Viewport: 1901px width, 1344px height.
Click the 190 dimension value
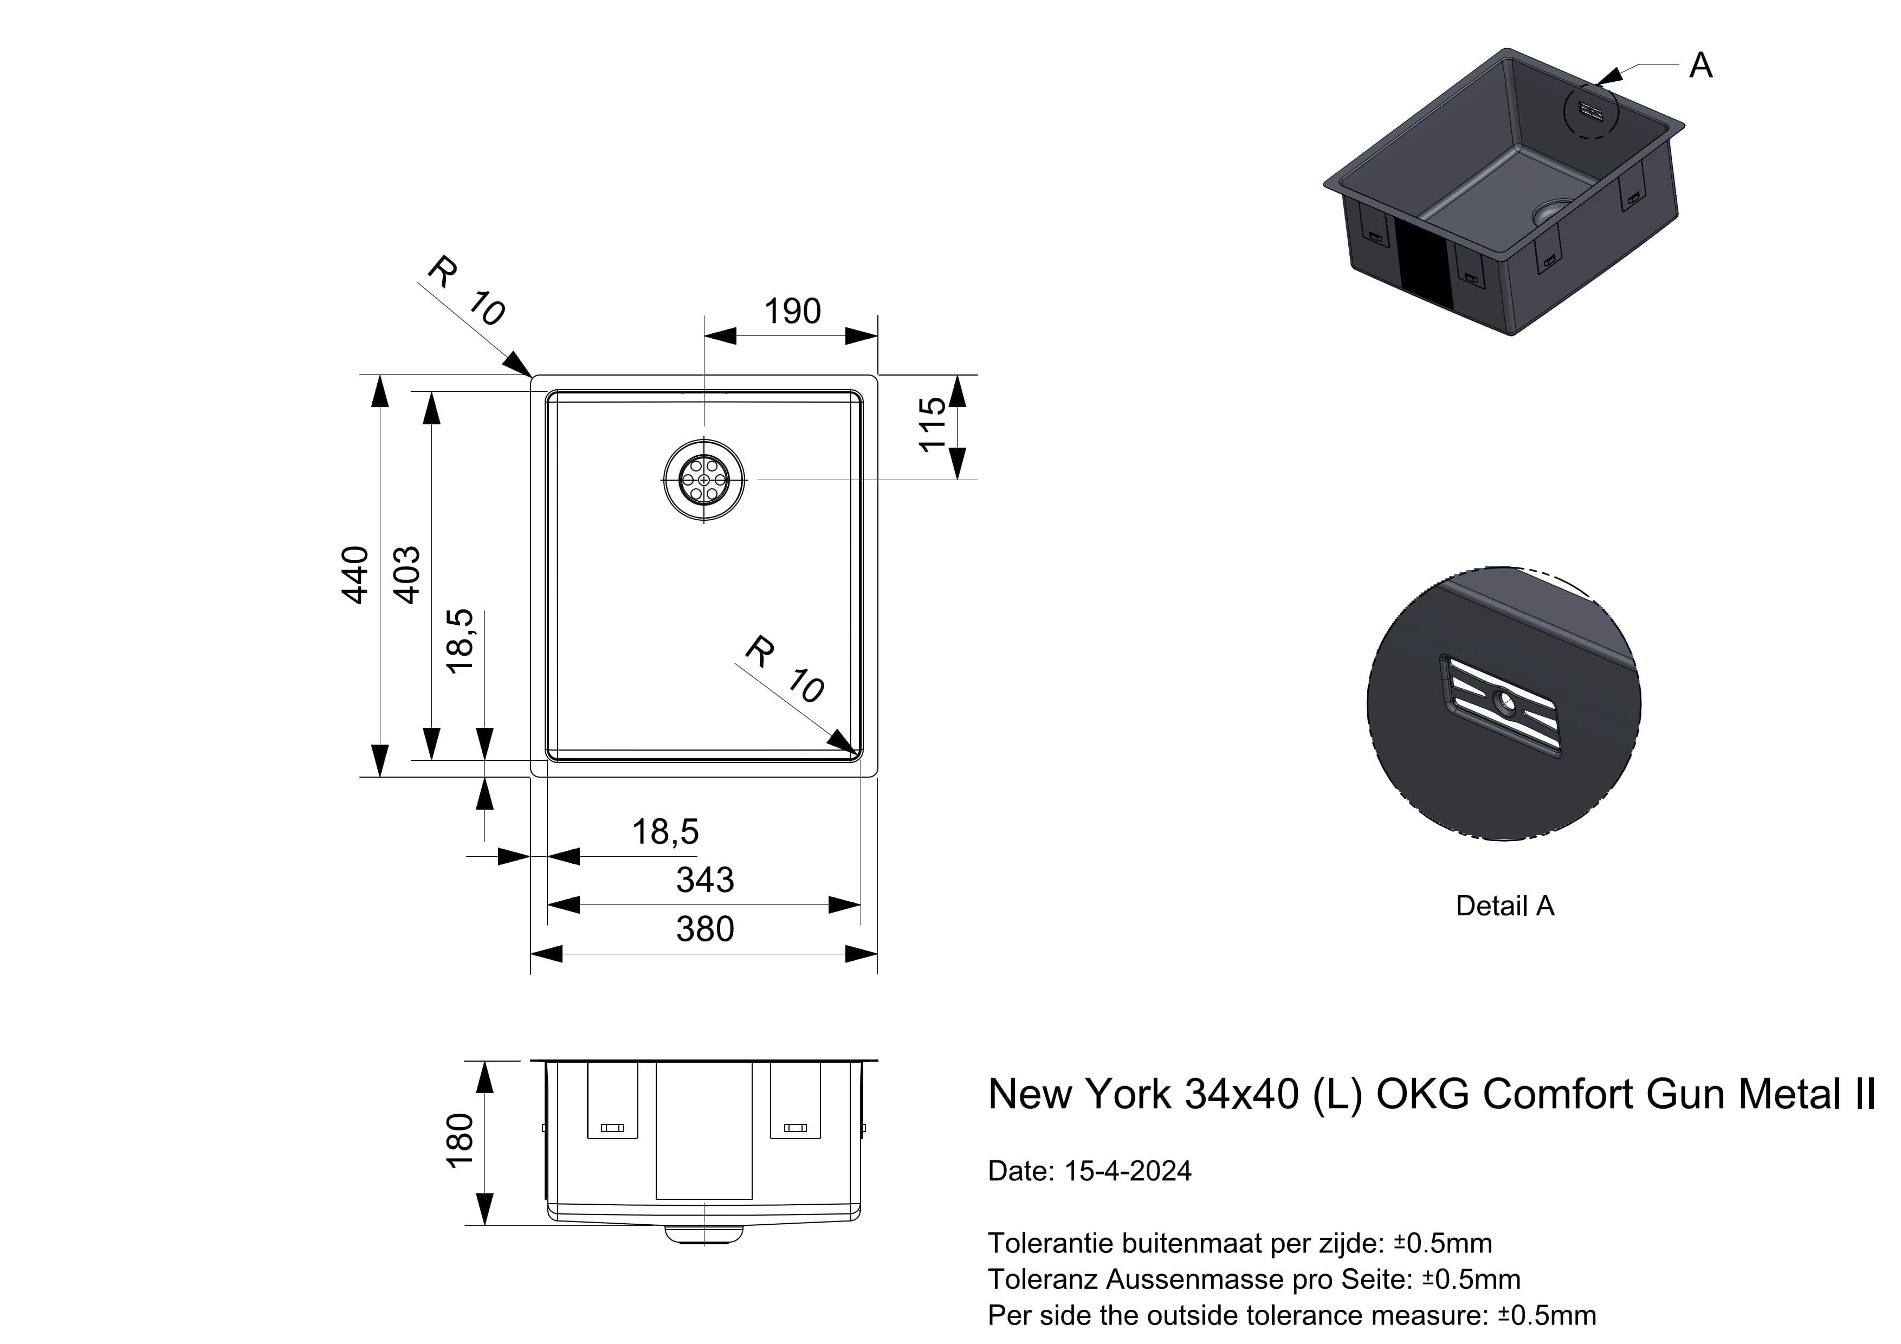pos(792,312)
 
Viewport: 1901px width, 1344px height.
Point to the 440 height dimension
pos(355,574)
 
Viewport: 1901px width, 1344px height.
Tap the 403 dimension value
pos(406,574)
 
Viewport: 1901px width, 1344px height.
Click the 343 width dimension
pos(704,880)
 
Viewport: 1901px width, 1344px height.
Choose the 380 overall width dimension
pos(704,929)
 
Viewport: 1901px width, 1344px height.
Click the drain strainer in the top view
pos(704,480)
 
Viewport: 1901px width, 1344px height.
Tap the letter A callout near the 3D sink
pos(1700,66)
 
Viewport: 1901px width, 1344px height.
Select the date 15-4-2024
pos(1128,1171)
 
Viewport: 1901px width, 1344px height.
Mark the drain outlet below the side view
pos(704,1235)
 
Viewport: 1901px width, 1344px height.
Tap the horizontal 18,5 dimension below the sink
pos(665,831)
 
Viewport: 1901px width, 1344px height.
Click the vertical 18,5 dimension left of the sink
pos(460,641)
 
